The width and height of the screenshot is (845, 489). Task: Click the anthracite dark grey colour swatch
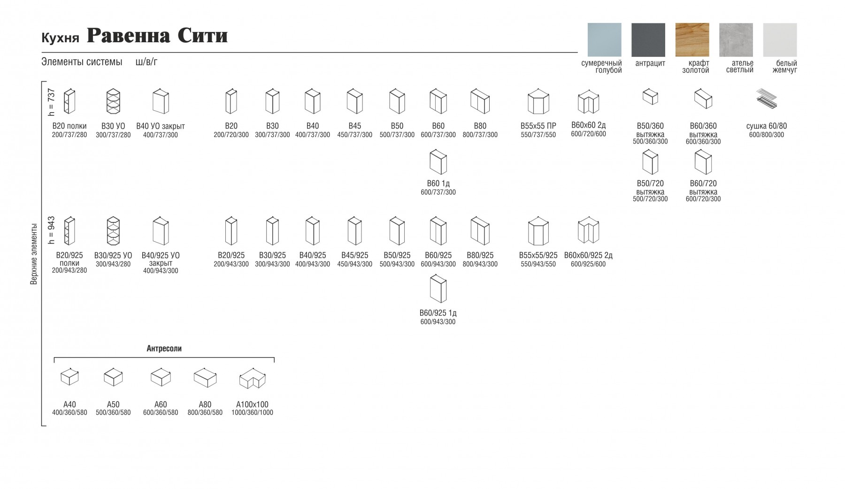click(648, 40)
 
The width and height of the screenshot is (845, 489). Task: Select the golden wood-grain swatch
click(692, 40)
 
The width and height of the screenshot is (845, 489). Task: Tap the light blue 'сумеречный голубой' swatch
click(604, 40)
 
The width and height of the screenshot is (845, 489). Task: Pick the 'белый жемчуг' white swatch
click(780, 40)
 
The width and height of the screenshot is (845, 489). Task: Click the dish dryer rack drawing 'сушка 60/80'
click(766, 99)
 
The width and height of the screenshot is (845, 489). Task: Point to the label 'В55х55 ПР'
click(538, 126)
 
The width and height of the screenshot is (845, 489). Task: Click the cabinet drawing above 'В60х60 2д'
click(588, 101)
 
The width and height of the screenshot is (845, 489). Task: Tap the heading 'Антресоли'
click(164, 349)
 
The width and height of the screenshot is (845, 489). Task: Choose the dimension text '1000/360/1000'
click(252, 413)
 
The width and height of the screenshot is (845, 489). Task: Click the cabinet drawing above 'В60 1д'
click(438, 162)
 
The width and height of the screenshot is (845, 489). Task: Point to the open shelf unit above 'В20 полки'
click(69, 101)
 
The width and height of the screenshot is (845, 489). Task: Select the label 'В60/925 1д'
click(438, 313)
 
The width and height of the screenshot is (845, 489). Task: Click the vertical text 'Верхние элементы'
click(34, 254)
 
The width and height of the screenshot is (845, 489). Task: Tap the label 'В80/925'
click(480, 255)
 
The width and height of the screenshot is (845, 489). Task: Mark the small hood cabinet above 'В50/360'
click(650, 97)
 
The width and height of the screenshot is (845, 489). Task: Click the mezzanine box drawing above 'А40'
click(69, 377)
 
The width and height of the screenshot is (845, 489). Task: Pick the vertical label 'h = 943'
click(51, 230)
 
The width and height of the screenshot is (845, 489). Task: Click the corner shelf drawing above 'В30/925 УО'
click(113, 230)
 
